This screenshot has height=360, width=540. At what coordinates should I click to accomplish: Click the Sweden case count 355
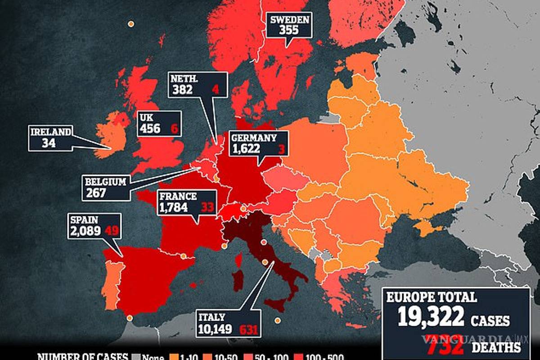[288, 30]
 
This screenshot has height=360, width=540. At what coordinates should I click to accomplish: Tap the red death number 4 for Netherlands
[216, 89]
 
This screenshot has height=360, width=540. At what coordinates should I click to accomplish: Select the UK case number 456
[150, 128]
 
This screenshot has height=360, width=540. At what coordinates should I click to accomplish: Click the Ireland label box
[50, 138]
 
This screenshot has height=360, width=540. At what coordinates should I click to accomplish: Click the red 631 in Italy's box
[248, 329]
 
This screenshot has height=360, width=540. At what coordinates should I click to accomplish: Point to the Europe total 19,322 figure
[431, 318]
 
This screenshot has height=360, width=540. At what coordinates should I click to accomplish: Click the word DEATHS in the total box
[497, 347]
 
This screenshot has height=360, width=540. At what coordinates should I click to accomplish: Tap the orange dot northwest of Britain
[131, 24]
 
